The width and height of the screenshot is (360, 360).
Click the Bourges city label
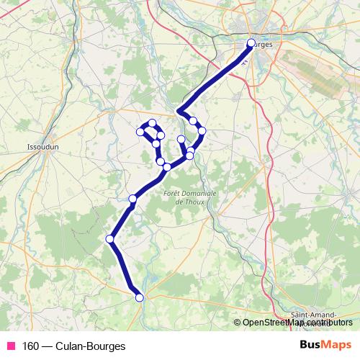264,44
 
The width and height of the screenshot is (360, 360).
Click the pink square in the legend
12,346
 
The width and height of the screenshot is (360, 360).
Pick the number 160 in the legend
30,346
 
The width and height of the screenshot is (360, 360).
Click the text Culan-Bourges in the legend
89,346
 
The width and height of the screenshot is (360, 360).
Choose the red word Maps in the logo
338,345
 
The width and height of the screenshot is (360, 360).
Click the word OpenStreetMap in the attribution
276,322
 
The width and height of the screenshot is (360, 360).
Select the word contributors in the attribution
331,322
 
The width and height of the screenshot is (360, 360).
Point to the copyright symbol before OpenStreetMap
238,322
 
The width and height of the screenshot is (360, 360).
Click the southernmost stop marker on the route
140,297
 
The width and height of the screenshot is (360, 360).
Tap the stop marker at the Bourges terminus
251,42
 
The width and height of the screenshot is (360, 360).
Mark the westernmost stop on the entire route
110,239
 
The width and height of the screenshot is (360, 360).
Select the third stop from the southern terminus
132,199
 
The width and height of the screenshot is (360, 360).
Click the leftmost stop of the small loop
141,131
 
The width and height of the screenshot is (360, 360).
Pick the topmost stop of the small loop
153,123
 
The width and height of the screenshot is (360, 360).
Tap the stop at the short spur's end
181,139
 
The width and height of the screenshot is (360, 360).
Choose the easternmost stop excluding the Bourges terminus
202,130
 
